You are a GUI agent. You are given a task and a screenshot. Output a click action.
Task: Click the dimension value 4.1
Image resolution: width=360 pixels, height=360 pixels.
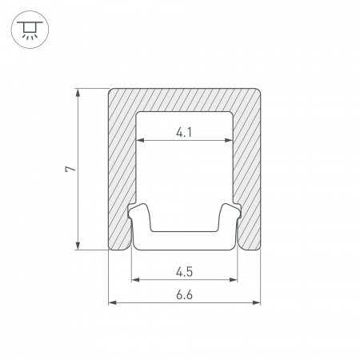184,132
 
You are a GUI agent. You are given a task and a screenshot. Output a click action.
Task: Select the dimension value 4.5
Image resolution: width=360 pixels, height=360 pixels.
184,272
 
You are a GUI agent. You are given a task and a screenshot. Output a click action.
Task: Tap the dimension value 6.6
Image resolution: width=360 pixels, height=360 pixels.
184,295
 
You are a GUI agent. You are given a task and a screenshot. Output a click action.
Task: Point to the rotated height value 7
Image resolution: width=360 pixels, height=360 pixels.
70,169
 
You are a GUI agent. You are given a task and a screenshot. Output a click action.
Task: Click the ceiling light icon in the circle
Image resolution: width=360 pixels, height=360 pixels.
30,30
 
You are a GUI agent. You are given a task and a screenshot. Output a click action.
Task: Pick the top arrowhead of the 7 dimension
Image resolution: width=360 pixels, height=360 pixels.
78,93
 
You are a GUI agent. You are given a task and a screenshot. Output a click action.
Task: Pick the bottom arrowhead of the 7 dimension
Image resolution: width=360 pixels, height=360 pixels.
78,246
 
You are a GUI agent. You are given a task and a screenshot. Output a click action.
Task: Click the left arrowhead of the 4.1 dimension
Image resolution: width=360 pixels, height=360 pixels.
140,140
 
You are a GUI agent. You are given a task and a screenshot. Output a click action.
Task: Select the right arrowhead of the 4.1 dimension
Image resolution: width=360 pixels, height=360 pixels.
229,140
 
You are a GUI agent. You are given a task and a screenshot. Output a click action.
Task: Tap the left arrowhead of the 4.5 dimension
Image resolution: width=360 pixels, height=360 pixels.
136,280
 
